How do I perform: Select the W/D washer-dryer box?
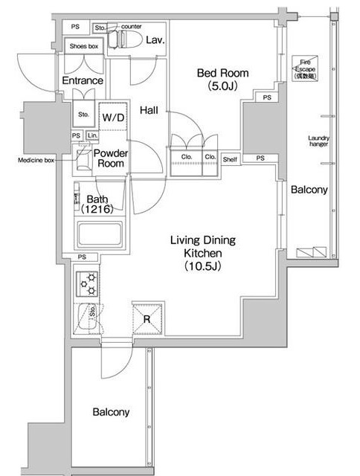click(x=114, y=118)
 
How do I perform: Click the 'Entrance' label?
click(x=83, y=80)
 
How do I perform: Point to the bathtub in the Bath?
click(x=100, y=237)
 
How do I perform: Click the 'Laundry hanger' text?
click(x=318, y=141)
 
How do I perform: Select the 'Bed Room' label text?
click(x=222, y=73)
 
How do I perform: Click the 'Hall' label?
click(x=150, y=110)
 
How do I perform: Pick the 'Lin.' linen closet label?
click(x=91, y=135)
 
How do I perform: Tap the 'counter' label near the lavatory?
click(x=130, y=27)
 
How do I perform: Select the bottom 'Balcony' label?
click(x=112, y=412)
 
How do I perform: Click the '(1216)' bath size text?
click(x=97, y=210)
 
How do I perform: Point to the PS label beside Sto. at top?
click(x=75, y=27)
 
